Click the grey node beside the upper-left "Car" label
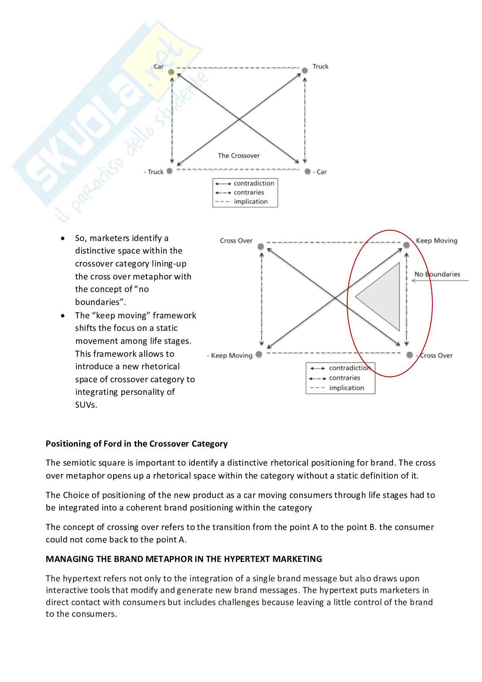click(171, 72)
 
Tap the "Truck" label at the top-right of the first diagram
click(320, 67)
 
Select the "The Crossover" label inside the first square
click(239, 155)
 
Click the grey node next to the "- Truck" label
click(170, 171)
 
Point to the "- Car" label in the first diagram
click(320, 172)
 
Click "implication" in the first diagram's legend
click(251, 202)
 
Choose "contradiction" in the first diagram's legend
click(254, 184)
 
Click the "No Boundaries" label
click(437, 274)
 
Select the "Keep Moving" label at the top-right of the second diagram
click(436, 241)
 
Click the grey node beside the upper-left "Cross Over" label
click(261, 247)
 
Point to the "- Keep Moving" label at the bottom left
click(230, 355)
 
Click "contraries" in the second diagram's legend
click(344, 378)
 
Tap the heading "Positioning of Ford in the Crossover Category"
click(136, 444)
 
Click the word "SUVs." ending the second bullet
click(86, 405)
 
